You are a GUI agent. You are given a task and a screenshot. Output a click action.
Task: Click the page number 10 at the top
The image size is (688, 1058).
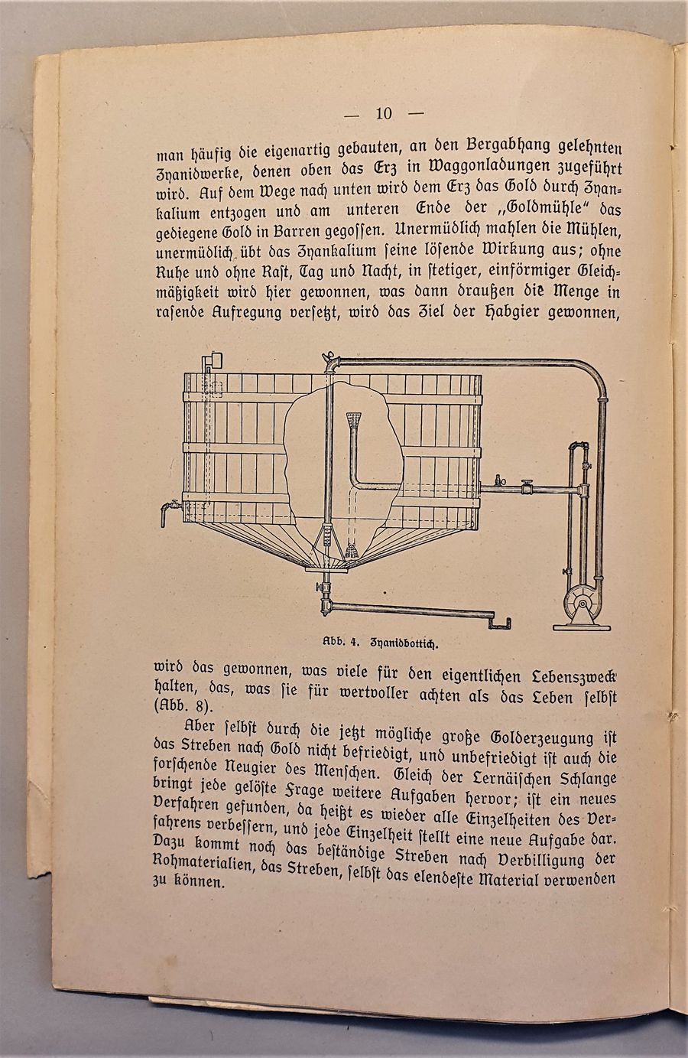pyautogui.click(x=383, y=115)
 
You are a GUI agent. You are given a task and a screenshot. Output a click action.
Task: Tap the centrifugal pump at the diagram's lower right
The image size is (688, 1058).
pyautogui.click(x=580, y=604)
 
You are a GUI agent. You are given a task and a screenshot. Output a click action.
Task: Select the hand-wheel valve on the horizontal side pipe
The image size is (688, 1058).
pyautogui.click(x=527, y=486)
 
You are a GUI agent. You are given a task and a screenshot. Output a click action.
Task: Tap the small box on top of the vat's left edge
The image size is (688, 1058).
pyautogui.click(x=213, y=360)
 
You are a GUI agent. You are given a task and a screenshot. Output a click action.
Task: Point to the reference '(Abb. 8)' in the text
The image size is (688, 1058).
pyautogui.click(x=183, y=704)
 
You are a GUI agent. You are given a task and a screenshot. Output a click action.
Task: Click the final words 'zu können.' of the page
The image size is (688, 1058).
pyautogui.click(x=189, y=881)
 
